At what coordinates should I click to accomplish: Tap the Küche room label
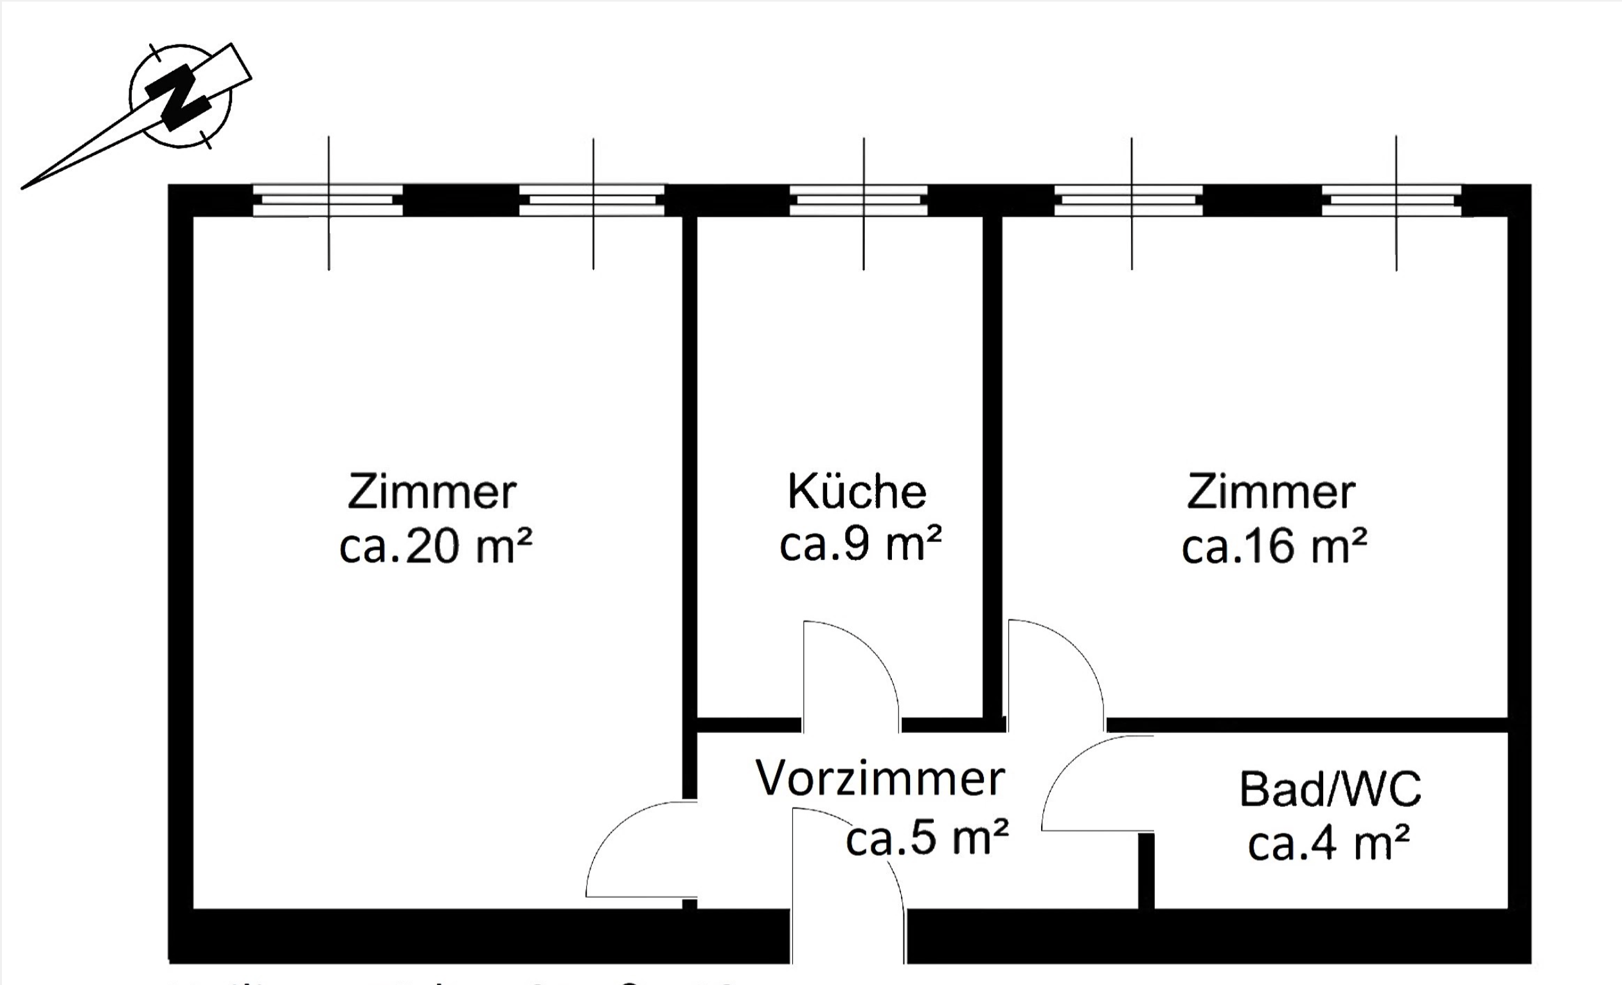click(857, 491)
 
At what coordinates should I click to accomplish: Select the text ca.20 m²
click(435, 547)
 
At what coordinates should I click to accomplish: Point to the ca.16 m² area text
click(1274, 547)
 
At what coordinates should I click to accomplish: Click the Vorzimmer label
click(880, 778)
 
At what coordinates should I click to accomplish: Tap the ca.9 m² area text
click(860, 544)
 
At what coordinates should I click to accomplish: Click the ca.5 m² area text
click(927, 838)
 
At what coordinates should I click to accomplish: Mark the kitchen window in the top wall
click(859, 200)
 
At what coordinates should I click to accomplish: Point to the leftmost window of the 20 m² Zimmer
click(328, 200)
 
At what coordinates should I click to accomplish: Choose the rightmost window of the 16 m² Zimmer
click(1391, 200)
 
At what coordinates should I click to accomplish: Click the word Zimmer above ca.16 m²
click(1271, 492)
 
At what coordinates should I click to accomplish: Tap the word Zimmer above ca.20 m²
click(432, 492)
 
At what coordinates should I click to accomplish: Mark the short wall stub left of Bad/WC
click(1146, 871)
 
